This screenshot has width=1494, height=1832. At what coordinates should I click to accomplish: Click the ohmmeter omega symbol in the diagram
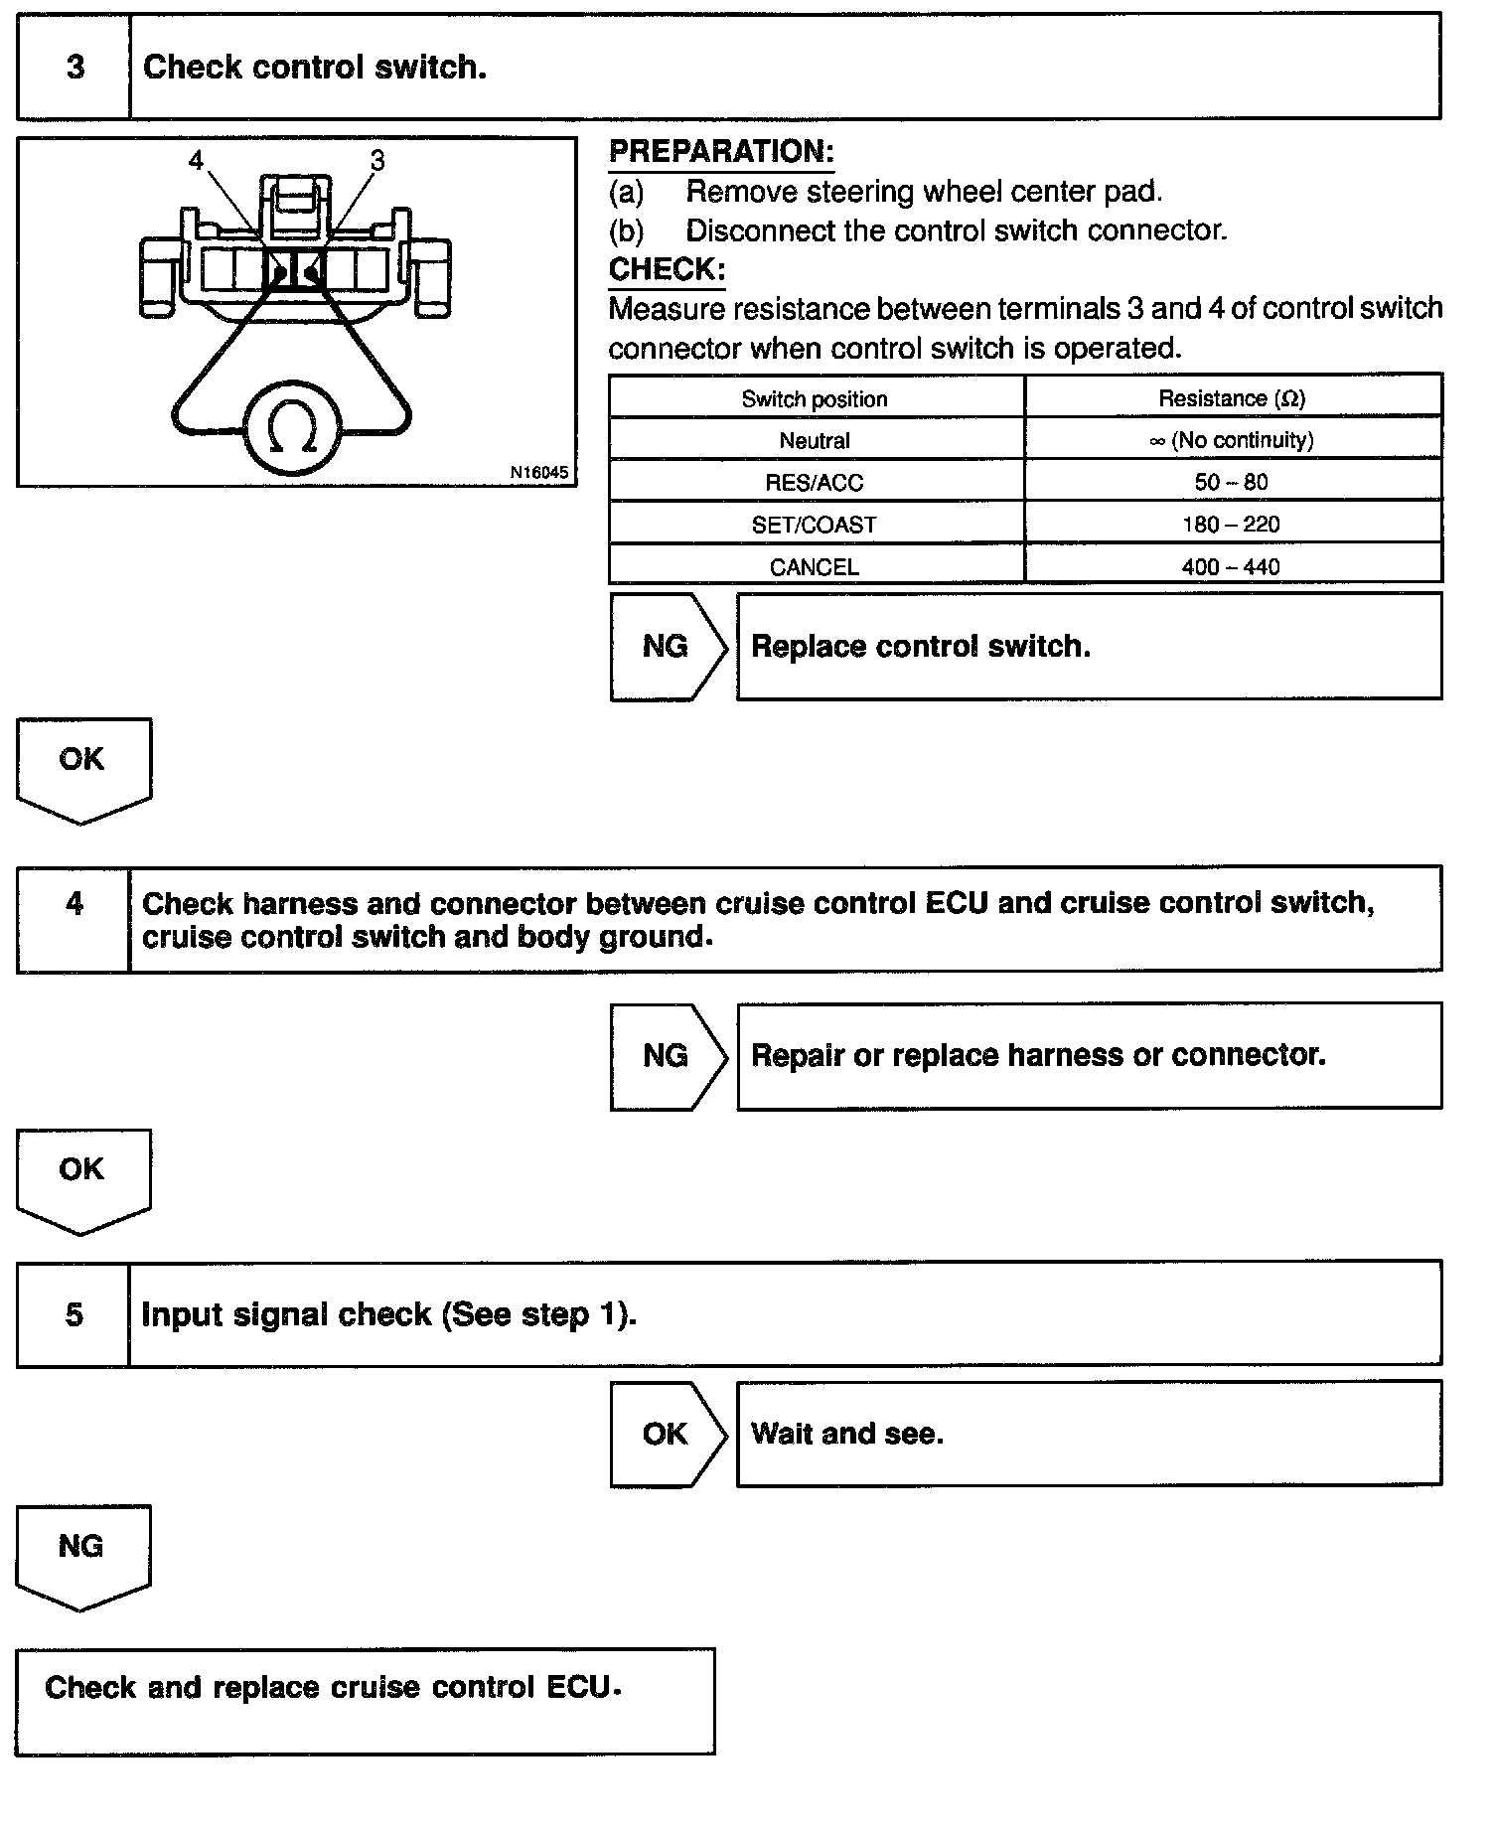pos(293,428)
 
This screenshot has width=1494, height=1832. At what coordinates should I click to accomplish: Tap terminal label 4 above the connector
pos(196,160)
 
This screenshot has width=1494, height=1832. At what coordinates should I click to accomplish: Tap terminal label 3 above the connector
pos(376,160)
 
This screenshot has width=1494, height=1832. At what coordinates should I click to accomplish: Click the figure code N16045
pos(539,473)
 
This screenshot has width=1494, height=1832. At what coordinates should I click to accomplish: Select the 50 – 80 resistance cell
pos(1231,483)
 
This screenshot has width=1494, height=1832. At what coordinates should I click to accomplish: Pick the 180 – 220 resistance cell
pos(1231,525)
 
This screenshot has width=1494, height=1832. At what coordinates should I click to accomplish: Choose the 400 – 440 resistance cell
pos(1231,566)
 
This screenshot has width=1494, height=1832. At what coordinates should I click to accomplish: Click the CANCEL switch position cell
pos(815,566)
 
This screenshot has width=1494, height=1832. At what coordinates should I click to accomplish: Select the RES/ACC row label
pos(815,483)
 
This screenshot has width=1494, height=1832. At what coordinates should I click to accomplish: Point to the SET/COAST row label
pos(815,525)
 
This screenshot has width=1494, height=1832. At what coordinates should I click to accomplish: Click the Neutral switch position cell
pos(815,440)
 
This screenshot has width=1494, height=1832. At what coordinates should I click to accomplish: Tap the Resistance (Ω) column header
pos(1231,398)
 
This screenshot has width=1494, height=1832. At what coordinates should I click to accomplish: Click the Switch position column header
pos(815,398)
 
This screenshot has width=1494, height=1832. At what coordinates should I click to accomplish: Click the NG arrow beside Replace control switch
pos(666,647)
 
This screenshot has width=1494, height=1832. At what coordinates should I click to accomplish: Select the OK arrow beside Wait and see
pos(666,1434)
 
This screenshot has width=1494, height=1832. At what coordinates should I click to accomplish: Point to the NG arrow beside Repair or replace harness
pos(666,1055)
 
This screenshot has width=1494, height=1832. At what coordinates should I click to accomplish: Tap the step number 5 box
pos(74,1314)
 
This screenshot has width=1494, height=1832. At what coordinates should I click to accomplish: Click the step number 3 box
pos(75,68)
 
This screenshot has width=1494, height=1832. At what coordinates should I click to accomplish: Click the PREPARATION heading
pos(721,152)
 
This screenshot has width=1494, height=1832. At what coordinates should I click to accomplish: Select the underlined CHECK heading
pos(667,270)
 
